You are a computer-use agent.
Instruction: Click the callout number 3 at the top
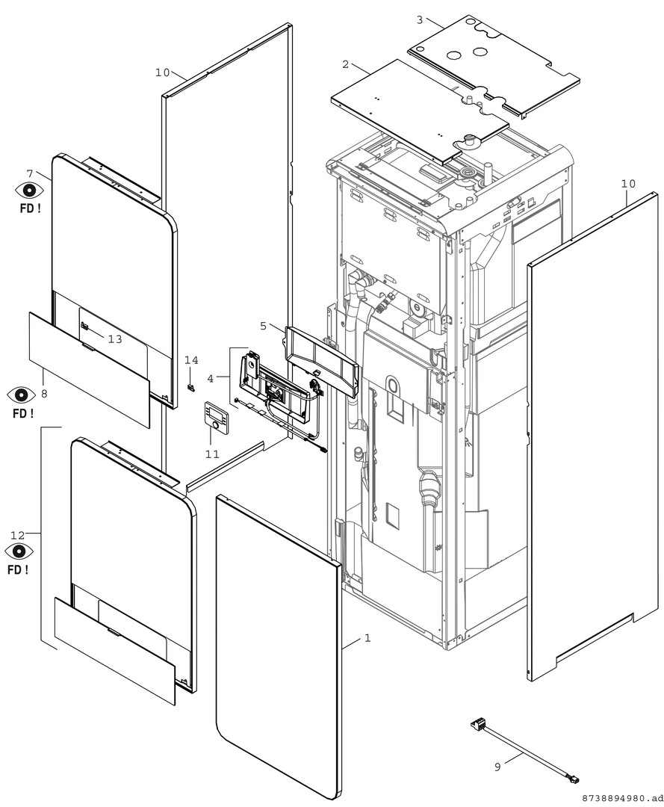click(420, 20)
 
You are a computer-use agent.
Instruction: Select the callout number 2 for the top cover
click(345, 64)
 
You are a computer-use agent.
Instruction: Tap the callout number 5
click(263, 326)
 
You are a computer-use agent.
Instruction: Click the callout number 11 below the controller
click(212, 454)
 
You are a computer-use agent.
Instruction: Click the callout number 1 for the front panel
click(367, 638)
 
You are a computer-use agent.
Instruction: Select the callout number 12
click(17, 534)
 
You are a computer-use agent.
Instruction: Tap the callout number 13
click(115, 339)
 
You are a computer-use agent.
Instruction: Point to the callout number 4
click(210, 378)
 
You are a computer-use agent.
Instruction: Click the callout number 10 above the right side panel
click(628, 184)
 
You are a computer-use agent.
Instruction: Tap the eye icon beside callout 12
click(19, 551)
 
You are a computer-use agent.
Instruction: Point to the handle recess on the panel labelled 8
click(88, 348)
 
